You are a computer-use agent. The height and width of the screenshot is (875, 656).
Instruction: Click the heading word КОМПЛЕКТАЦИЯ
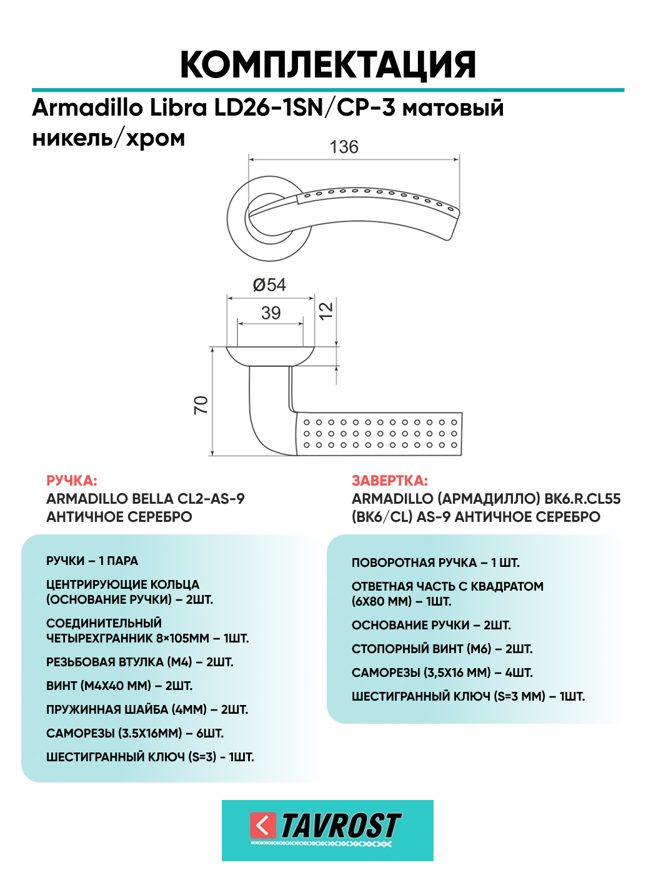(x=328, y=66)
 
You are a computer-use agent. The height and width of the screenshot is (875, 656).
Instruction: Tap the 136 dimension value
(x=344, y=147)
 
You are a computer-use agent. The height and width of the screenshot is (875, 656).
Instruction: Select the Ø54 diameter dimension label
(x=269, y=285)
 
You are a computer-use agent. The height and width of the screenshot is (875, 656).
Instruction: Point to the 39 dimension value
(x=271, y=313)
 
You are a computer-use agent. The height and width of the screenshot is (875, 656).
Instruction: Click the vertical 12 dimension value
(x=326, y=311)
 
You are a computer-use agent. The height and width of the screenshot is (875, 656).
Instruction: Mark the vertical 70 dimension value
(x=201, y=405)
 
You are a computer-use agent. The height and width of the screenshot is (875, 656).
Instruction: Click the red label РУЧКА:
(x=72, y=481)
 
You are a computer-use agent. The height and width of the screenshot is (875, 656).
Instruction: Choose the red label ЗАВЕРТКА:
(x=389, y=481)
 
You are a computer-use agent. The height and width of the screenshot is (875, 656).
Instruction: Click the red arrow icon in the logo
(x=263, y=825)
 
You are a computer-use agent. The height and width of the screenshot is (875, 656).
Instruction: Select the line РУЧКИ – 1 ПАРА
(x=92, y=561)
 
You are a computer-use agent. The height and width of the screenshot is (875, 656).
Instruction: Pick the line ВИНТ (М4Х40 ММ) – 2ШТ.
(x=119, y=686)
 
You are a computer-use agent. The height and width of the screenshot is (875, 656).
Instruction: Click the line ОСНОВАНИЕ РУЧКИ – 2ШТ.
(x=431, y=625)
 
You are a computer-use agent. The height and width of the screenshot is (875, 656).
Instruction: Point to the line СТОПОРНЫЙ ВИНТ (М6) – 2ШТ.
(x=442, y=649)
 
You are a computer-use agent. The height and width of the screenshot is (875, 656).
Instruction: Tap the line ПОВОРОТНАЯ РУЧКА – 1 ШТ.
(x=435, y=562)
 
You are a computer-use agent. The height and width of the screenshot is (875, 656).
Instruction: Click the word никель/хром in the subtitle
(x=108, y=139)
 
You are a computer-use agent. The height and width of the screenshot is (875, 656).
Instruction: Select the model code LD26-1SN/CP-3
(x=305, y=107)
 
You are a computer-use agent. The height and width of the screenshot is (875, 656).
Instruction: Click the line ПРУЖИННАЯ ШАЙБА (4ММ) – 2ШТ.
(x=147, y=709)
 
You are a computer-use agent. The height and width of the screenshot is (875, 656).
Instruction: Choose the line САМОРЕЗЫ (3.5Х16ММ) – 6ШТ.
(x=134, y=733)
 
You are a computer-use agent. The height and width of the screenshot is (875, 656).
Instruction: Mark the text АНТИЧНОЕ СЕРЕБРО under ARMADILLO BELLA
(x=119, y=517)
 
